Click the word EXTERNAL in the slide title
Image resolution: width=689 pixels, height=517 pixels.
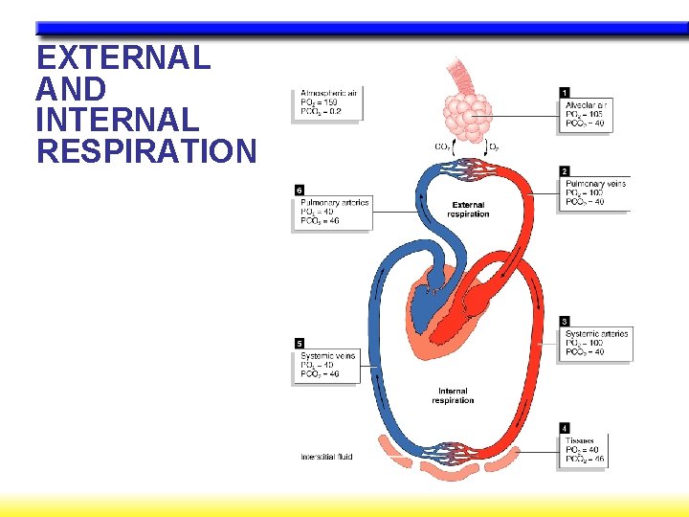tap(122, 58)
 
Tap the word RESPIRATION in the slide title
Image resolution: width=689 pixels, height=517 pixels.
tap(146, 151)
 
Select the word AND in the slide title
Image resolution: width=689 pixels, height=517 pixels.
tap(70, 89)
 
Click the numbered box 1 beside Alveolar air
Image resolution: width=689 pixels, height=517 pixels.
tap(565, 92)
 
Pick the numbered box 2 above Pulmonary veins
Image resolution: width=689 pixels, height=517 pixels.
tap(565, 171)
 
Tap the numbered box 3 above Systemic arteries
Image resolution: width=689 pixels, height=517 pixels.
tap(565, 322)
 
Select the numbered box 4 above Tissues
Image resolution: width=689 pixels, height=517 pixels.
tap(565, 428)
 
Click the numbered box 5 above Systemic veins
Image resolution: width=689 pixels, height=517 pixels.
tap(300, 344)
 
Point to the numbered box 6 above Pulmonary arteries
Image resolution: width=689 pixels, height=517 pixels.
tap(300, 191)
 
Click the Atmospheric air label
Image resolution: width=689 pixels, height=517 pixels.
tap(327, 93)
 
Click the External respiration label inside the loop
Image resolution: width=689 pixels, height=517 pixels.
tap(467, 210)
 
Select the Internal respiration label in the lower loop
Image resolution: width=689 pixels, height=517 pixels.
tap(453, 395)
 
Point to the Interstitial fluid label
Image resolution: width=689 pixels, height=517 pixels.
tap(326, 457)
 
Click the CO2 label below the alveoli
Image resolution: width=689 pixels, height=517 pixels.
tap(443, 146)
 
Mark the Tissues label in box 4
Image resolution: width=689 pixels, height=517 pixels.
tap(580, 440)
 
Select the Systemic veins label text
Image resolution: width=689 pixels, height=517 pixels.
tap(327, 355)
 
